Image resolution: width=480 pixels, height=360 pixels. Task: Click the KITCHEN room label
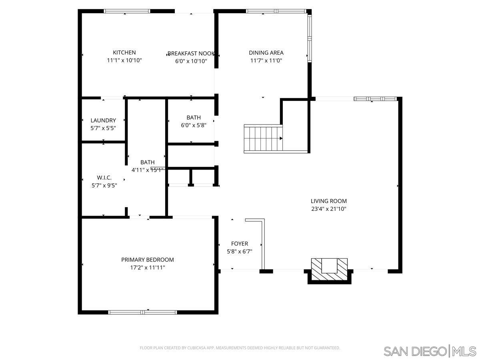(x=124, y=52)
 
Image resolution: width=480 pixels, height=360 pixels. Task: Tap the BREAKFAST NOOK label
(x=191, y=54)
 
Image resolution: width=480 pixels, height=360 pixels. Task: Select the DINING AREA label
(x=266, y=52)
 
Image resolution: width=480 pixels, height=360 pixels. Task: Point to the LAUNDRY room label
(x=103, y=120)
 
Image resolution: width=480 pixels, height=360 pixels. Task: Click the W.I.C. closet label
(x=104, y=178)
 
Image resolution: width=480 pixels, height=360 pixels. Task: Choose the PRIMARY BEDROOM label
(x=148, y=260)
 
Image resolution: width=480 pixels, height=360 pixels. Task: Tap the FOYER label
(x=240, y=244)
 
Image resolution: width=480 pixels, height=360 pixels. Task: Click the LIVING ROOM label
(x=329, y=201)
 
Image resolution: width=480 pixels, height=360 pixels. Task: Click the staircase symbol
(x=263, y=138)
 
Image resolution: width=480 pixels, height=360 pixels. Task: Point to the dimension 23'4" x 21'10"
(x=329, y=209)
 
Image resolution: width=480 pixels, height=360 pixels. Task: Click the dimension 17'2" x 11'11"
(x=148, y=268)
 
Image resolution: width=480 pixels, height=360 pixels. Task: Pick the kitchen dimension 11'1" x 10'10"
(x=124, y=60)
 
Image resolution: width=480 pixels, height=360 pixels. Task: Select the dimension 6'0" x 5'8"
(x=194, y=125)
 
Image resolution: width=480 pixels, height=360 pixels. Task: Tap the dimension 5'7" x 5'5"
(x=103, y=128)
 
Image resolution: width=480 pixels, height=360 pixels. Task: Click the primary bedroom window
(x=143, y=312)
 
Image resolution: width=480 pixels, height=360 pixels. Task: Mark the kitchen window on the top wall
(x=127, y=11)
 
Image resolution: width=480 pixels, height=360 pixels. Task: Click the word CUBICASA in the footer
(x=198, y=348)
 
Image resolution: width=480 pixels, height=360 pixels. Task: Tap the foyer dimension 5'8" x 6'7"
(x=240, y=252)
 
